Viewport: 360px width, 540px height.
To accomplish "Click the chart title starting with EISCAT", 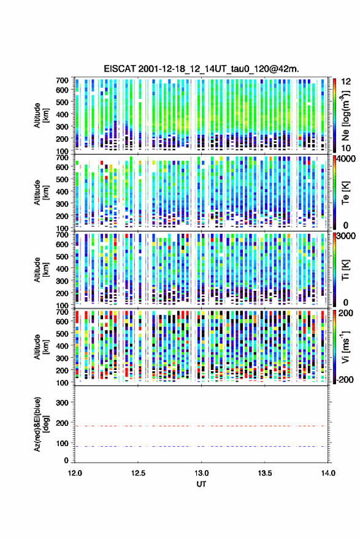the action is click(201, 69).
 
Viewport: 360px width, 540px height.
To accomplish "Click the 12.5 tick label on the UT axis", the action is click(138, 473).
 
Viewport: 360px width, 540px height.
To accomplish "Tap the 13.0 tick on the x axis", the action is click(201, 473).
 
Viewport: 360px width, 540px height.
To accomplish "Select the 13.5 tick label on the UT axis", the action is click(265, 473).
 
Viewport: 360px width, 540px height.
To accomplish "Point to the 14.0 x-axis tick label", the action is click(328, 473).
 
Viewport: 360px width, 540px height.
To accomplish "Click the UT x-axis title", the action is click(201, 484).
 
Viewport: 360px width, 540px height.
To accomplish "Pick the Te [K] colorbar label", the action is click(345, 193).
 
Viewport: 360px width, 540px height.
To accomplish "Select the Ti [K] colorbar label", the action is click(345, 269).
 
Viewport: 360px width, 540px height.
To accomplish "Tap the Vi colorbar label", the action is click(345, 347).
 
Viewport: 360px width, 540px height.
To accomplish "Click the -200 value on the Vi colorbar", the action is click(345, 379).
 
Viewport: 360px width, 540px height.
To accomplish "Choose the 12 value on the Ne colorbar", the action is click(346, 82).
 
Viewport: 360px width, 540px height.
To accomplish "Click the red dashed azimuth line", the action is click(201, 426).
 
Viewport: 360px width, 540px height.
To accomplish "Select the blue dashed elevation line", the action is click(201, 446).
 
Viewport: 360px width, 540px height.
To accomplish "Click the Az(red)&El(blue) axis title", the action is click(41, 424).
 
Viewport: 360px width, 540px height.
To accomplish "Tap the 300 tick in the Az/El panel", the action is click(62, 403).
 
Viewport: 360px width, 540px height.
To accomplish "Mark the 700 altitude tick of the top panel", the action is click(62, 80).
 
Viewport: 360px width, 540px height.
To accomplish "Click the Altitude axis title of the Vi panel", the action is click(41, 347).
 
